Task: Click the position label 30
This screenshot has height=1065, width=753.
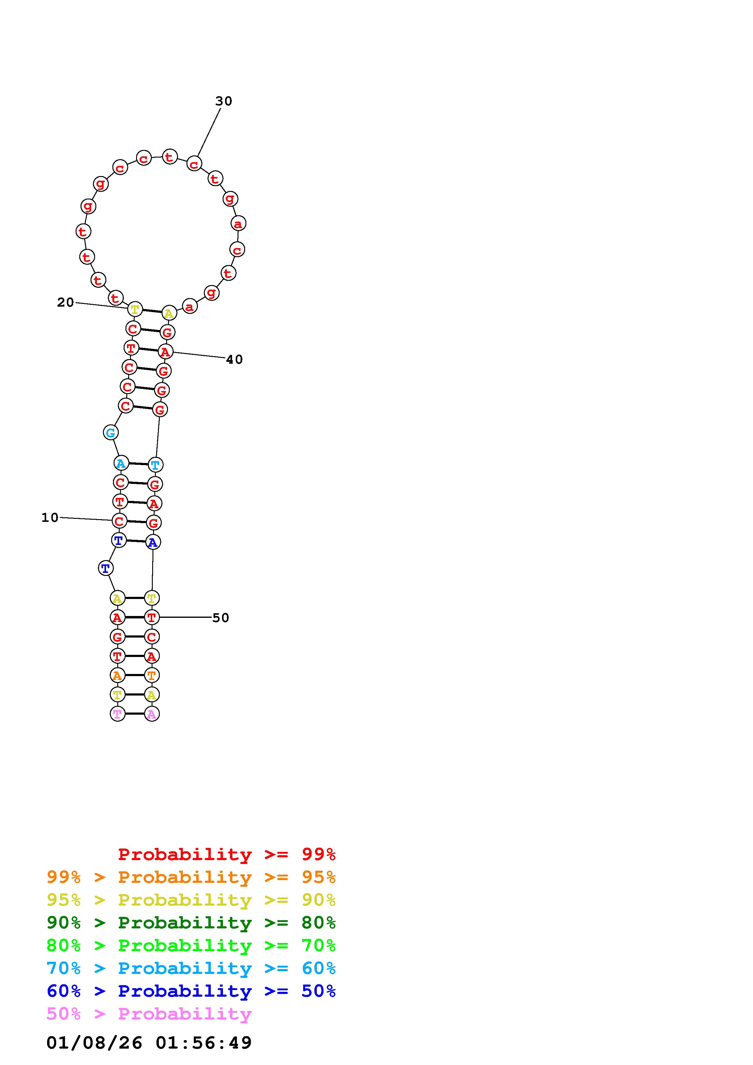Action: coord(224,101)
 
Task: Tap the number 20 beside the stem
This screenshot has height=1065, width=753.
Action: coord(65,302)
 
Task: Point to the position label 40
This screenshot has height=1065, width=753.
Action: coord(234,359)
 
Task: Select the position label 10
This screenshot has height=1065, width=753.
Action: coord(50,517)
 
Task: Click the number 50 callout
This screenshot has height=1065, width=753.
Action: coord(221,618)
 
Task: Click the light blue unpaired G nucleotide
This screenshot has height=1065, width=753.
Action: coord(111,433)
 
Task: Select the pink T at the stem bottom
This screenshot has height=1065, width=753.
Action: coord(117,714)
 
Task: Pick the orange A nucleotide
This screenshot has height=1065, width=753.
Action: coord(117,675)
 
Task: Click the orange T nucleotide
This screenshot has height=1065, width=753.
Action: coord(152,675)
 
